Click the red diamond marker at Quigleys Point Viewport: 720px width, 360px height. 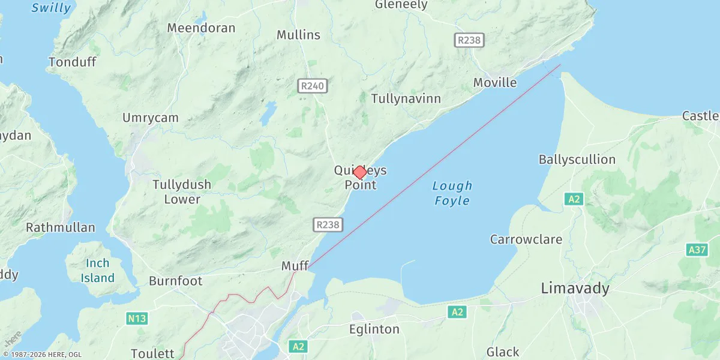click(x=359, y=172)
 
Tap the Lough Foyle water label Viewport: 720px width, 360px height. click(x=452, y=193)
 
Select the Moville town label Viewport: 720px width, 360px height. click(x=495, y=83)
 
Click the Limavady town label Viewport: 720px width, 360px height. click(x=575, y=289)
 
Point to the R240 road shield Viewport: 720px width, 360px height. click(x=312, y=86)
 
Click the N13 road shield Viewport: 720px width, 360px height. click(x=137, y=319)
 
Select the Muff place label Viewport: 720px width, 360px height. click(x=295, y=266)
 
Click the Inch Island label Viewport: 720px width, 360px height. click(x=97, y=271)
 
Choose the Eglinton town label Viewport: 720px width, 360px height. click(x=374, y=329)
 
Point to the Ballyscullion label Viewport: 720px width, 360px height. click(x=577, y=160)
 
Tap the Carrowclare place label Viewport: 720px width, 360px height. click(x=526, y=240)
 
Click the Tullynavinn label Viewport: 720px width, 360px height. click(x=406, y=98)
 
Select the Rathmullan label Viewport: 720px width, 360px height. click(x=61, y=228)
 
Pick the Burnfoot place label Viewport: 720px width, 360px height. click(x=176, y=281)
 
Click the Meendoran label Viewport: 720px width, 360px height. click(x=201, y=28)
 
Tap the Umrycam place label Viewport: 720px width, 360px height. click(x=151, y=118)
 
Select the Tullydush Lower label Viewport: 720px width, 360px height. click(x=182, y=192)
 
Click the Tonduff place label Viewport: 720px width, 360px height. click(x=72, y=62)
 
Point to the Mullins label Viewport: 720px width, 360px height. click(x=298, y=35)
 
